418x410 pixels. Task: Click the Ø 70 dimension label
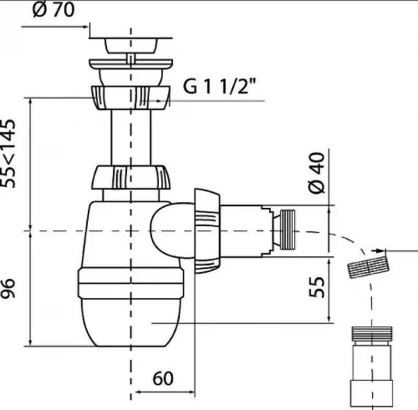click(x=54, y=10)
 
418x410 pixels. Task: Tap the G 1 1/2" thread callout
click(x=219, y=86)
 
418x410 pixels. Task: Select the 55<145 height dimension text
click(x=8, y=154)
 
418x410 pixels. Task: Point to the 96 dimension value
click(x=8, y=288)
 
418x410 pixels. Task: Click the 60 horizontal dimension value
click(x=163, y=378)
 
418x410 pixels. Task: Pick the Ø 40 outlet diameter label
click(x=317, y=173)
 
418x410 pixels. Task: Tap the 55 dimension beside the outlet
click(x=317, y=287)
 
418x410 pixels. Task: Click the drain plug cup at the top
click(x=130, y=45)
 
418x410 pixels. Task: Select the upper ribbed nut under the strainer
click(x=130, y=98)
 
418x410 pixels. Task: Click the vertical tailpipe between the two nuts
click(x=130, y=138)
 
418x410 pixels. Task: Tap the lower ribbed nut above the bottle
click(x=130, y=178)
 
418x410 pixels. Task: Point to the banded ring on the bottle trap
click(x=130, y=283)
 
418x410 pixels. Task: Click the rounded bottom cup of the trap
click(x=130, y=322)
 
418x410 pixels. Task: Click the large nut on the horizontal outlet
click(x=207, y=231)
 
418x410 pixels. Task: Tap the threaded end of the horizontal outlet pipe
click(x=287, y=230)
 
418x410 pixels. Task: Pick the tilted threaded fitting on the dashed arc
click(x=369, y=267)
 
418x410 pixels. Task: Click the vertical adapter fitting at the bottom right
click(x=372, y=367)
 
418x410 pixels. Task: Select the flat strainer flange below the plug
click(x=130, y=63)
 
